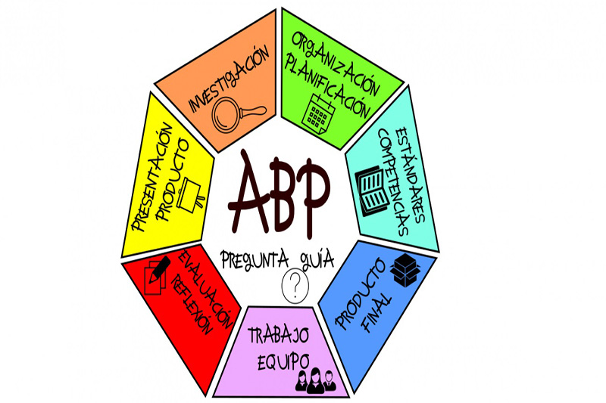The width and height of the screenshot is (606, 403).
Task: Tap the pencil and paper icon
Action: (x=157, y=274)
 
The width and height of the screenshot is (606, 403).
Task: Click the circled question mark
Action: (x=295, y=287)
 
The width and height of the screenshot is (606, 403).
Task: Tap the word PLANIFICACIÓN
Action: (x=326, y=86)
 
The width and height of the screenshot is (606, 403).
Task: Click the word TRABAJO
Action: (x=278, y=336)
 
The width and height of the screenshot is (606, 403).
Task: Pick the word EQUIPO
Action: (x=283, y=361)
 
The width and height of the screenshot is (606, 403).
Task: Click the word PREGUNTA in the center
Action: (x=255, y=259)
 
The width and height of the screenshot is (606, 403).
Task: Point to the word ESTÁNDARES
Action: (x=411, y=175)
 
